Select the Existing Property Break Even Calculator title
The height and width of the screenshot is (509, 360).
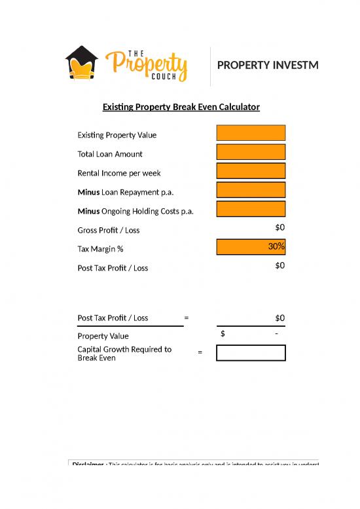coord(181,106)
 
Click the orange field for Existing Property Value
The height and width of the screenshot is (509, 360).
coord(251,133)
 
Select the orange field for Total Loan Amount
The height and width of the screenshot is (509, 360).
coord(251,152)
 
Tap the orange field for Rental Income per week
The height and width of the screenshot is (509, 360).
coord(251,171)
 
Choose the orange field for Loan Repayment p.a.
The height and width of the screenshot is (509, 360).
coord(251,190)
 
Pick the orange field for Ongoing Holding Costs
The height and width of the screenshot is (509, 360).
coord(251,209)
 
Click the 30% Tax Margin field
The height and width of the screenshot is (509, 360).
coord(251,247)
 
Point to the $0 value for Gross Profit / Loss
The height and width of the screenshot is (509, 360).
coord(279,227)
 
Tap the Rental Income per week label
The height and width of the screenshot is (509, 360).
coord(118,173)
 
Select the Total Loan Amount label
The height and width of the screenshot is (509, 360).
coord(109,154)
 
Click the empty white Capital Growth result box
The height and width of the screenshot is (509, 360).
coord(251,352)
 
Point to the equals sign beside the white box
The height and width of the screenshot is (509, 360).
coord(200,352)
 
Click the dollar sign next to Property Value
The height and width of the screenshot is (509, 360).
coord(223,333)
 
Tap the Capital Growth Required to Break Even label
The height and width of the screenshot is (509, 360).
coord(124,354)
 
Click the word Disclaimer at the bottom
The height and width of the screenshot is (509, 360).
coord(88,464)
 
